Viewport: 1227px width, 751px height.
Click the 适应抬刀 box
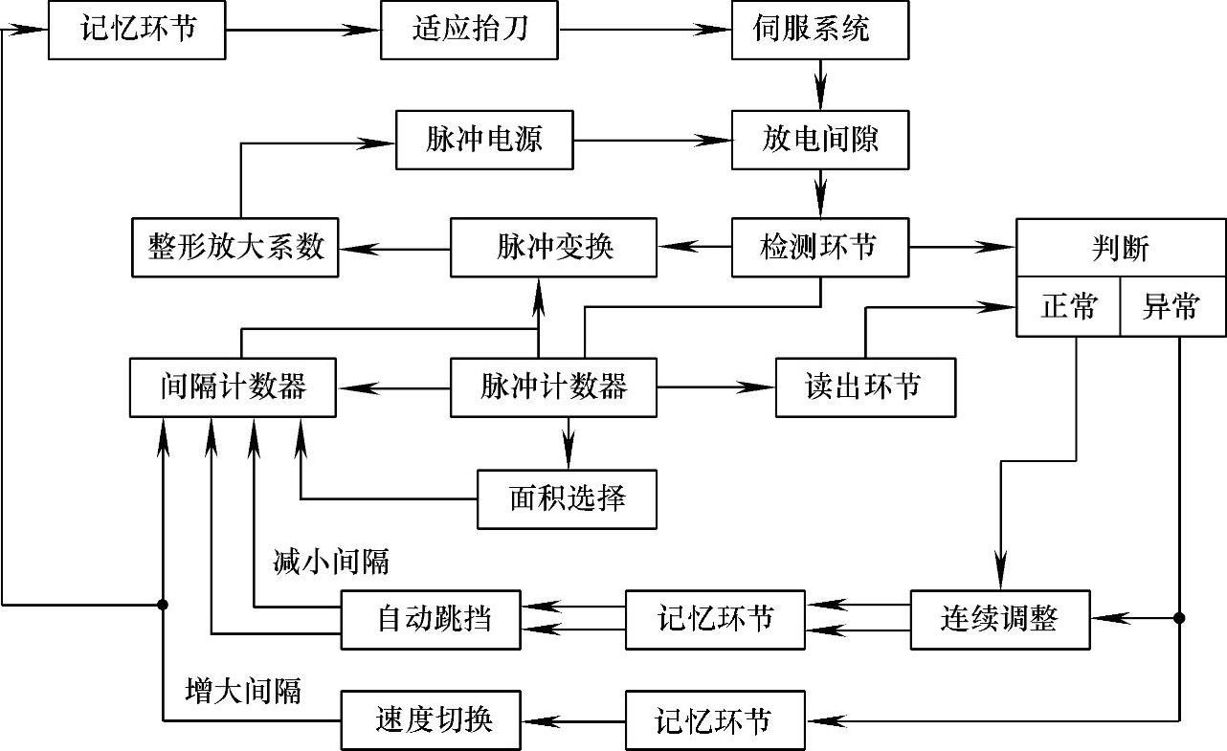pyautogui.click(x=470, y=30)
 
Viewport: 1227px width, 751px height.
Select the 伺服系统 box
pyautogui.click(x=820, y=30)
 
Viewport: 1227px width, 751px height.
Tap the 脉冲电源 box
pyautogui.click(x=484, y=141)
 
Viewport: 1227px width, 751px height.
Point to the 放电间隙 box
pyautogui.click(x=820, y=141)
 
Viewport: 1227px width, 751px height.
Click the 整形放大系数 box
pyautogui.click(x=234, y=248)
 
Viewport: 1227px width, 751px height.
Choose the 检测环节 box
pyautogui.click(x=820, y=248)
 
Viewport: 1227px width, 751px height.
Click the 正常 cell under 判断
pyautogui.click(x=1068, y=308)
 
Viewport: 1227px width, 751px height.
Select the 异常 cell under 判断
pyautogui.click(x=1172, y=308)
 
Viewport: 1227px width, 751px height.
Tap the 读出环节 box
pyautogui.click(x=865, y=387)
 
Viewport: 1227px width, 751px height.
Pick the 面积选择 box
pyautogui.click(x=568, y=498)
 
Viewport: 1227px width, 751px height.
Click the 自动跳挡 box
pyautogui.click(x=432, y=619)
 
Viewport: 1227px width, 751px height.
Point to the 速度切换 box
pyautogui.click(x=432, y=719)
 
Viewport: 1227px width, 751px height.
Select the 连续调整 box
pyautogui.click(x=999, y=619)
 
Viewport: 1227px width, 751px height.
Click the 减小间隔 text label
pyautogui.click(x=331, y=563)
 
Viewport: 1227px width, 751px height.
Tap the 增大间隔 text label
pyautogui.click(x=243, y=690)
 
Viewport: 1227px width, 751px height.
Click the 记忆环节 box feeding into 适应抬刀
pyautogui.click(x=137, y=30)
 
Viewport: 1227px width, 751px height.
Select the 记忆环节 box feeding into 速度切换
pyautogui.click(x=715, y=719)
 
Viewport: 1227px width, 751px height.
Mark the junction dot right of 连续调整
pyautogui.click(x=1179, y=618)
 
